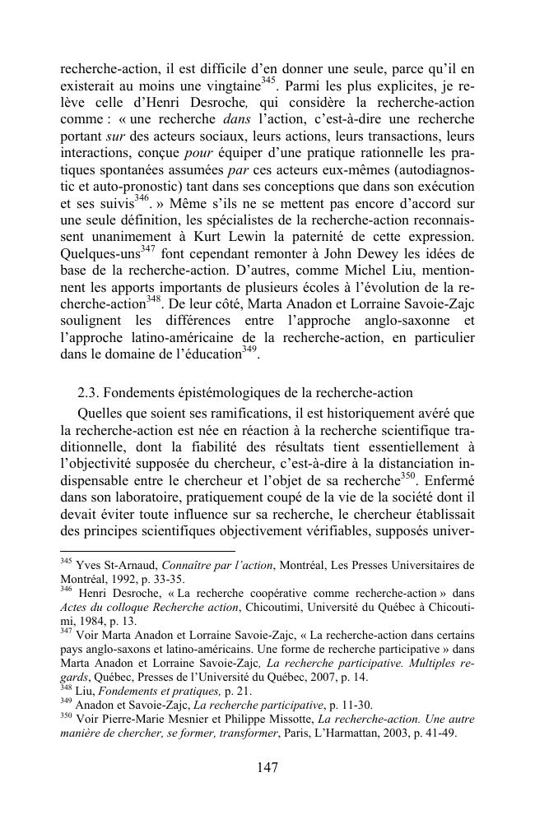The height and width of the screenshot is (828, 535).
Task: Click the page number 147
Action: click(x=267, y=767)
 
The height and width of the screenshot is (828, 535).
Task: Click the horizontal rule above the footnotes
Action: click(x=147, y=551)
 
